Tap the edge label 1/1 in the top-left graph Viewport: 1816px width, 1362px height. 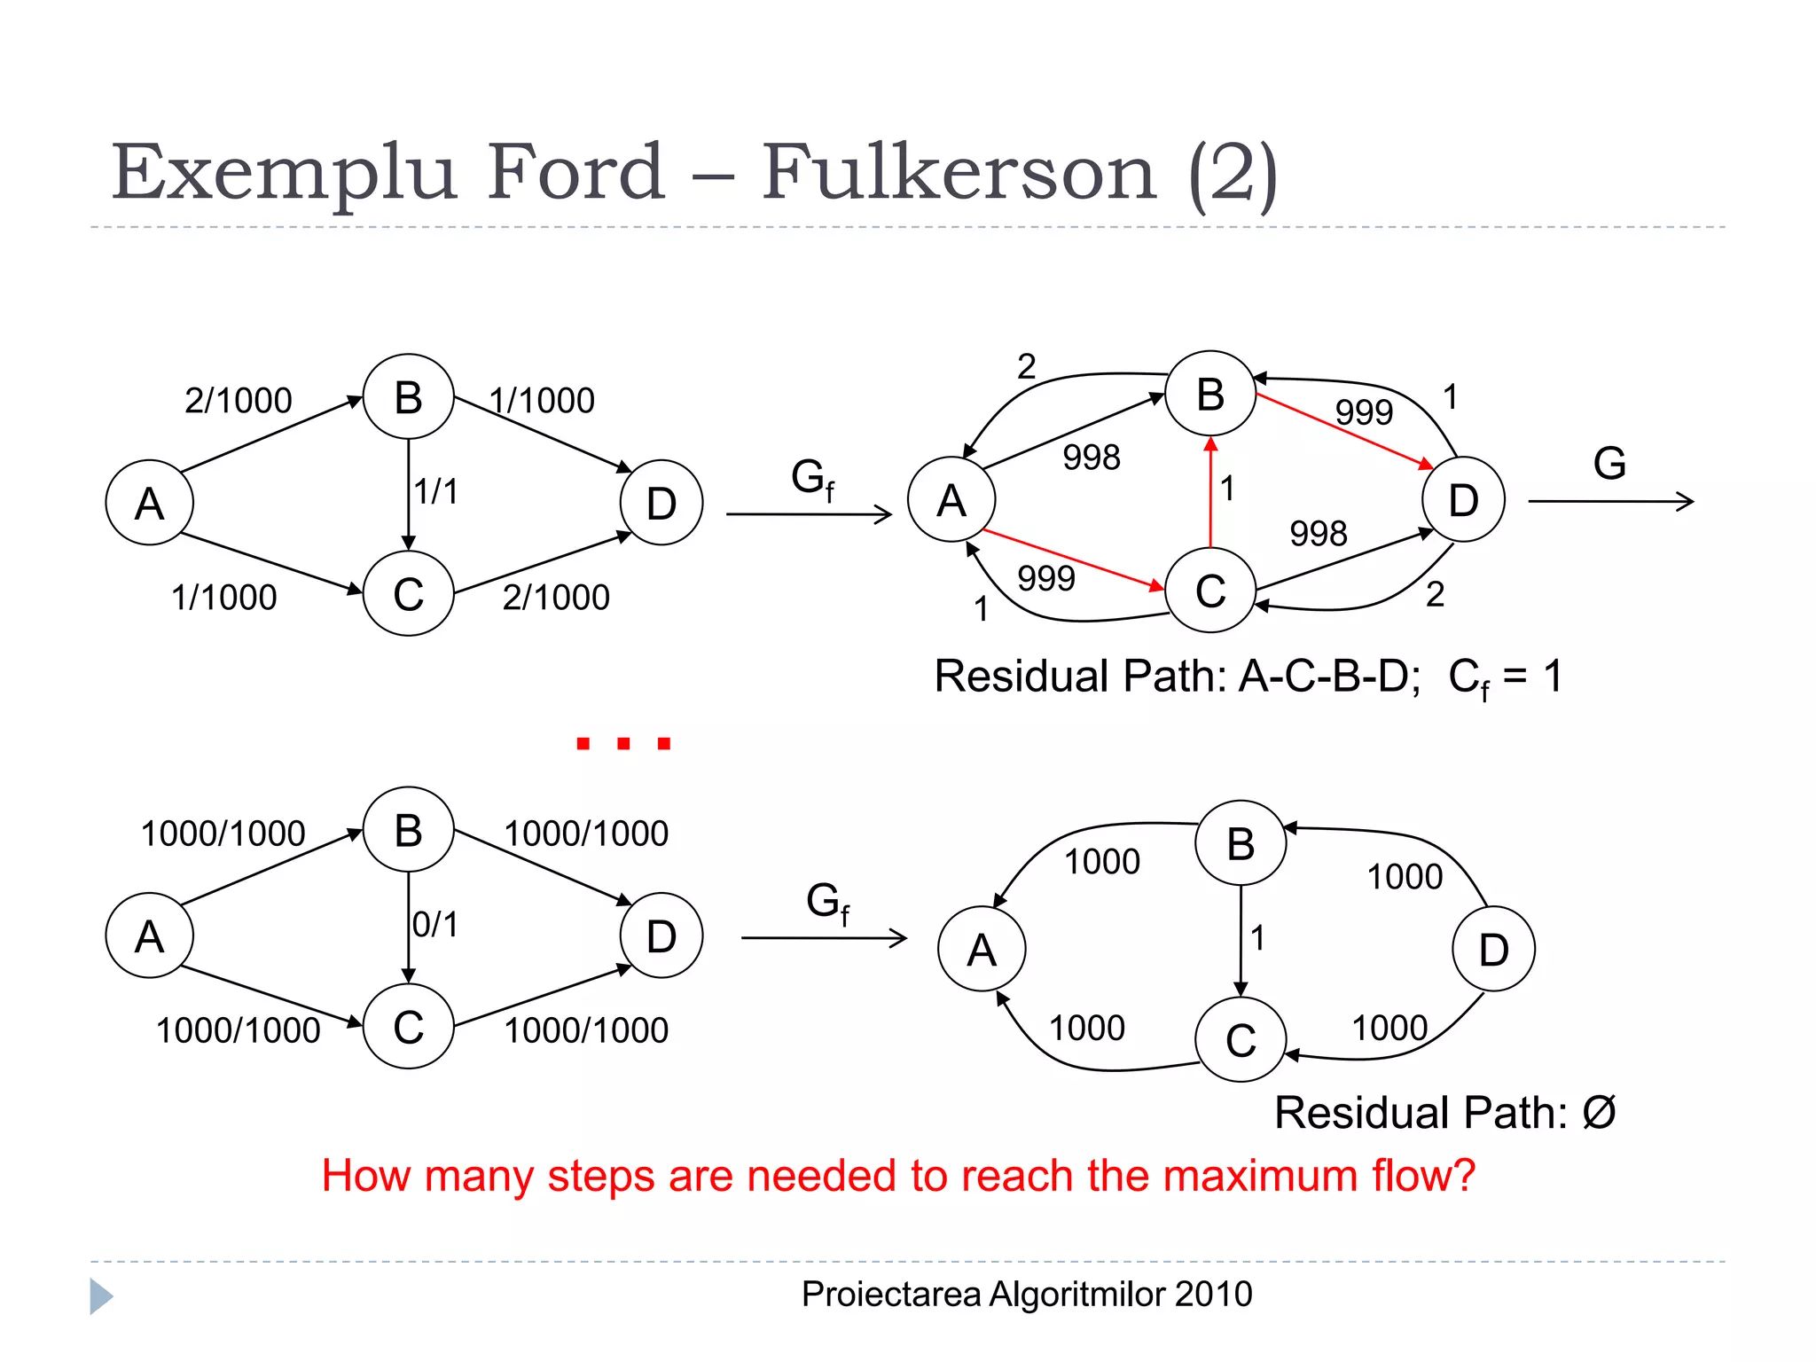(x=436, y=491)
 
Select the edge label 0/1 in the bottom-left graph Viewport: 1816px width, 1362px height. (x=435, y=925)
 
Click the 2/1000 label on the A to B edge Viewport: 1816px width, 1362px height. (x=238, y=401)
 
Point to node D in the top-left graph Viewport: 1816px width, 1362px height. (x=661, y=503)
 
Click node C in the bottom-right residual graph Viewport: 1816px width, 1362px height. (x=1241, y=1040)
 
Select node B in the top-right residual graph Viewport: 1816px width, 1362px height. (x=1210, y=395)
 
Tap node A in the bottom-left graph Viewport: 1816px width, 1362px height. (x=149, y=936)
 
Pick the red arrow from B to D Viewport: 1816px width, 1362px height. (x=1343, y=430)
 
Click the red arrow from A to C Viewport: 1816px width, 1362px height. (x=1073, y=560)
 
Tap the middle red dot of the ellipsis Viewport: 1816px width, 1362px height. (x=623, y=743)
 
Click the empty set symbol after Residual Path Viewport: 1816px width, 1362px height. (x=1599, y=1113)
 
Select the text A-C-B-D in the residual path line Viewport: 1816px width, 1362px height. (x=1328, y=677)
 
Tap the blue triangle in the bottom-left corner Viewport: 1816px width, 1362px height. (x=100, y=1296)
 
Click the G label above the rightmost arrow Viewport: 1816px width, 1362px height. (x=1609, y=464)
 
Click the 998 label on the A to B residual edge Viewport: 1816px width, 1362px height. (x=1092, y=458)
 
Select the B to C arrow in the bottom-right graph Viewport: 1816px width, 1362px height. (x=1241, y=940)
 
